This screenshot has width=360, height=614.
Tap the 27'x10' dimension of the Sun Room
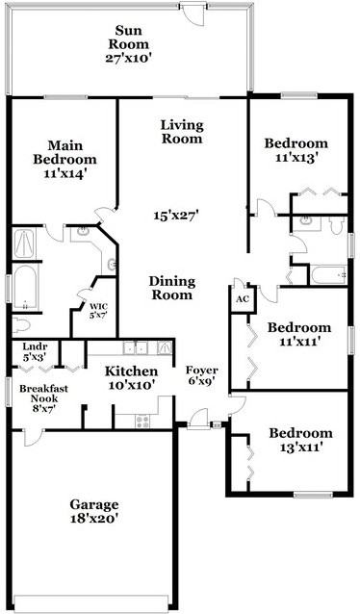tap(131, 58)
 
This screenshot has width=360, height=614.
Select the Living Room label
tap(182, 131)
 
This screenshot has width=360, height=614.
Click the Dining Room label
tap(172, 288)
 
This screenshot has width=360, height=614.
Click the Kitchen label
tap(131, 371)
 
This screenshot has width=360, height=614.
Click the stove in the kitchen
tap(143, 420)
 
